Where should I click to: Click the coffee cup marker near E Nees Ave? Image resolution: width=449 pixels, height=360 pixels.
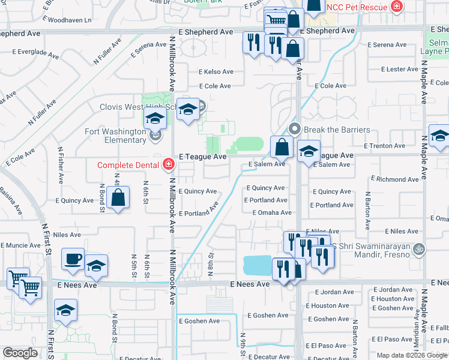point(73,259)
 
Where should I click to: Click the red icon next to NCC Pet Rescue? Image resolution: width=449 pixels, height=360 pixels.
point(396,7)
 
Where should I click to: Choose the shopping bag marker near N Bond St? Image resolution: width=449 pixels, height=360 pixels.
point(119,198)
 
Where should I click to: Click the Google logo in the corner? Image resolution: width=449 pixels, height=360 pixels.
point(20,353)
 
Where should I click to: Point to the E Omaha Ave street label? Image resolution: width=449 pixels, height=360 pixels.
point(272,212)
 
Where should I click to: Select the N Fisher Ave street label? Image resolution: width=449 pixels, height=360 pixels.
point(61,165)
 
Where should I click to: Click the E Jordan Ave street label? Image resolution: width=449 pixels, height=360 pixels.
point(393,290)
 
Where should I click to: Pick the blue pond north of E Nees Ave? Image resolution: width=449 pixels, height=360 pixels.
point(258,265)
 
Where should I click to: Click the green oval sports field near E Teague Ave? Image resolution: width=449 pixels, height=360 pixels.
point(248,144)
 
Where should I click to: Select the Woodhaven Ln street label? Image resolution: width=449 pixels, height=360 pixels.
point(70,20)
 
